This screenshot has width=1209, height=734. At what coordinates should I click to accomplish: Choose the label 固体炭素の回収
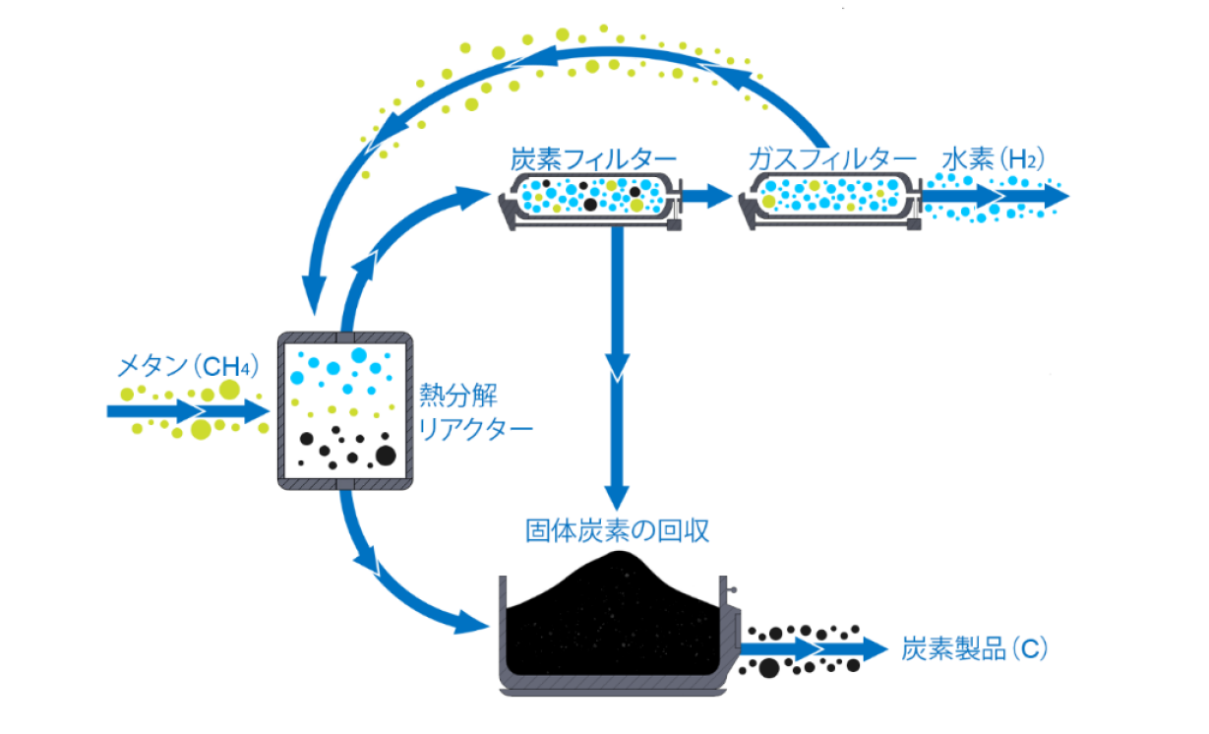[x=618, y=531]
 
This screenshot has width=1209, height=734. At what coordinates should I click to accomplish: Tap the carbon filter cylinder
[x=591, y=196]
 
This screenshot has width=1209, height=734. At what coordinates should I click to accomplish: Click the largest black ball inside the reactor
[x=385, y=455]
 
